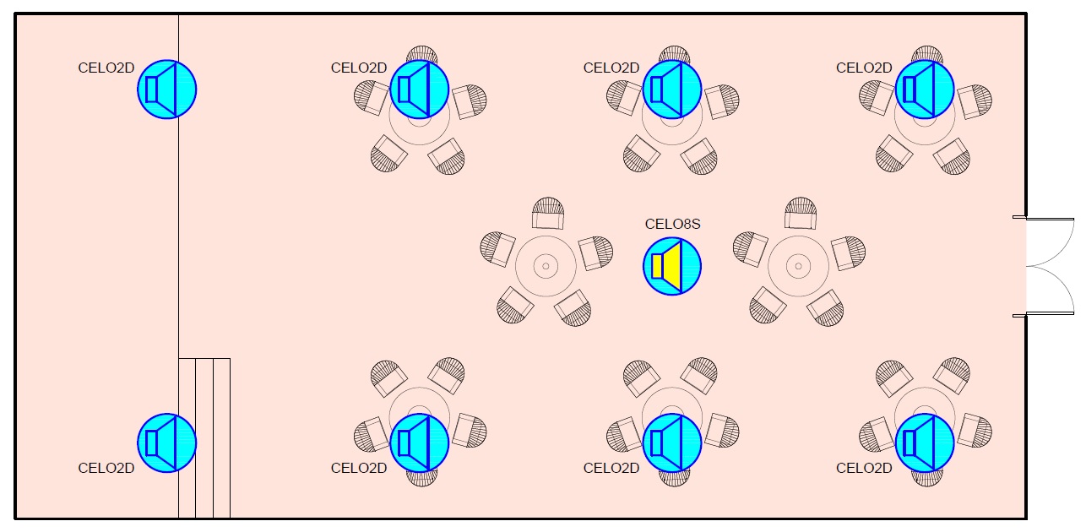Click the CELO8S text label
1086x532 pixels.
coord(673,224)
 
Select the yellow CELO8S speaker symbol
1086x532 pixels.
coord(673,266)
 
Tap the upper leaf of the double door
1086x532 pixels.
coord(1047,243)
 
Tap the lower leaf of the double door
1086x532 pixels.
coord(1047,292)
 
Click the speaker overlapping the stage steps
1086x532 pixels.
coord(167,442)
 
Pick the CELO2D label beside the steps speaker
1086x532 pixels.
coord(106,468)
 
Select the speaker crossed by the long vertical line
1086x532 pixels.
coord(167,89)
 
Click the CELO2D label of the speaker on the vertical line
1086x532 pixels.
coord(106,68)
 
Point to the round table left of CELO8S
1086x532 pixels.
coord(546,266)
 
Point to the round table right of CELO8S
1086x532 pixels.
coord(798,266)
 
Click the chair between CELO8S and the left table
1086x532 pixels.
coord(595,252)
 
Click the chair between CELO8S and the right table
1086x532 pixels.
coord(751,250)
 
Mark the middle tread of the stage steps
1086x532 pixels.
coord(204,437)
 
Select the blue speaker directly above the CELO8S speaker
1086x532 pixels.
coord(672,89)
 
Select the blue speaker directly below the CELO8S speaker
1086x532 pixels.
coord(672,442)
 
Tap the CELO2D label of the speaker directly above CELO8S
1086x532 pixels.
coord(611,68)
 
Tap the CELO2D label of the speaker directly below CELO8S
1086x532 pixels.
coord(611,468)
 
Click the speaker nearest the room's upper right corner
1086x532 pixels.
coord(925,89)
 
